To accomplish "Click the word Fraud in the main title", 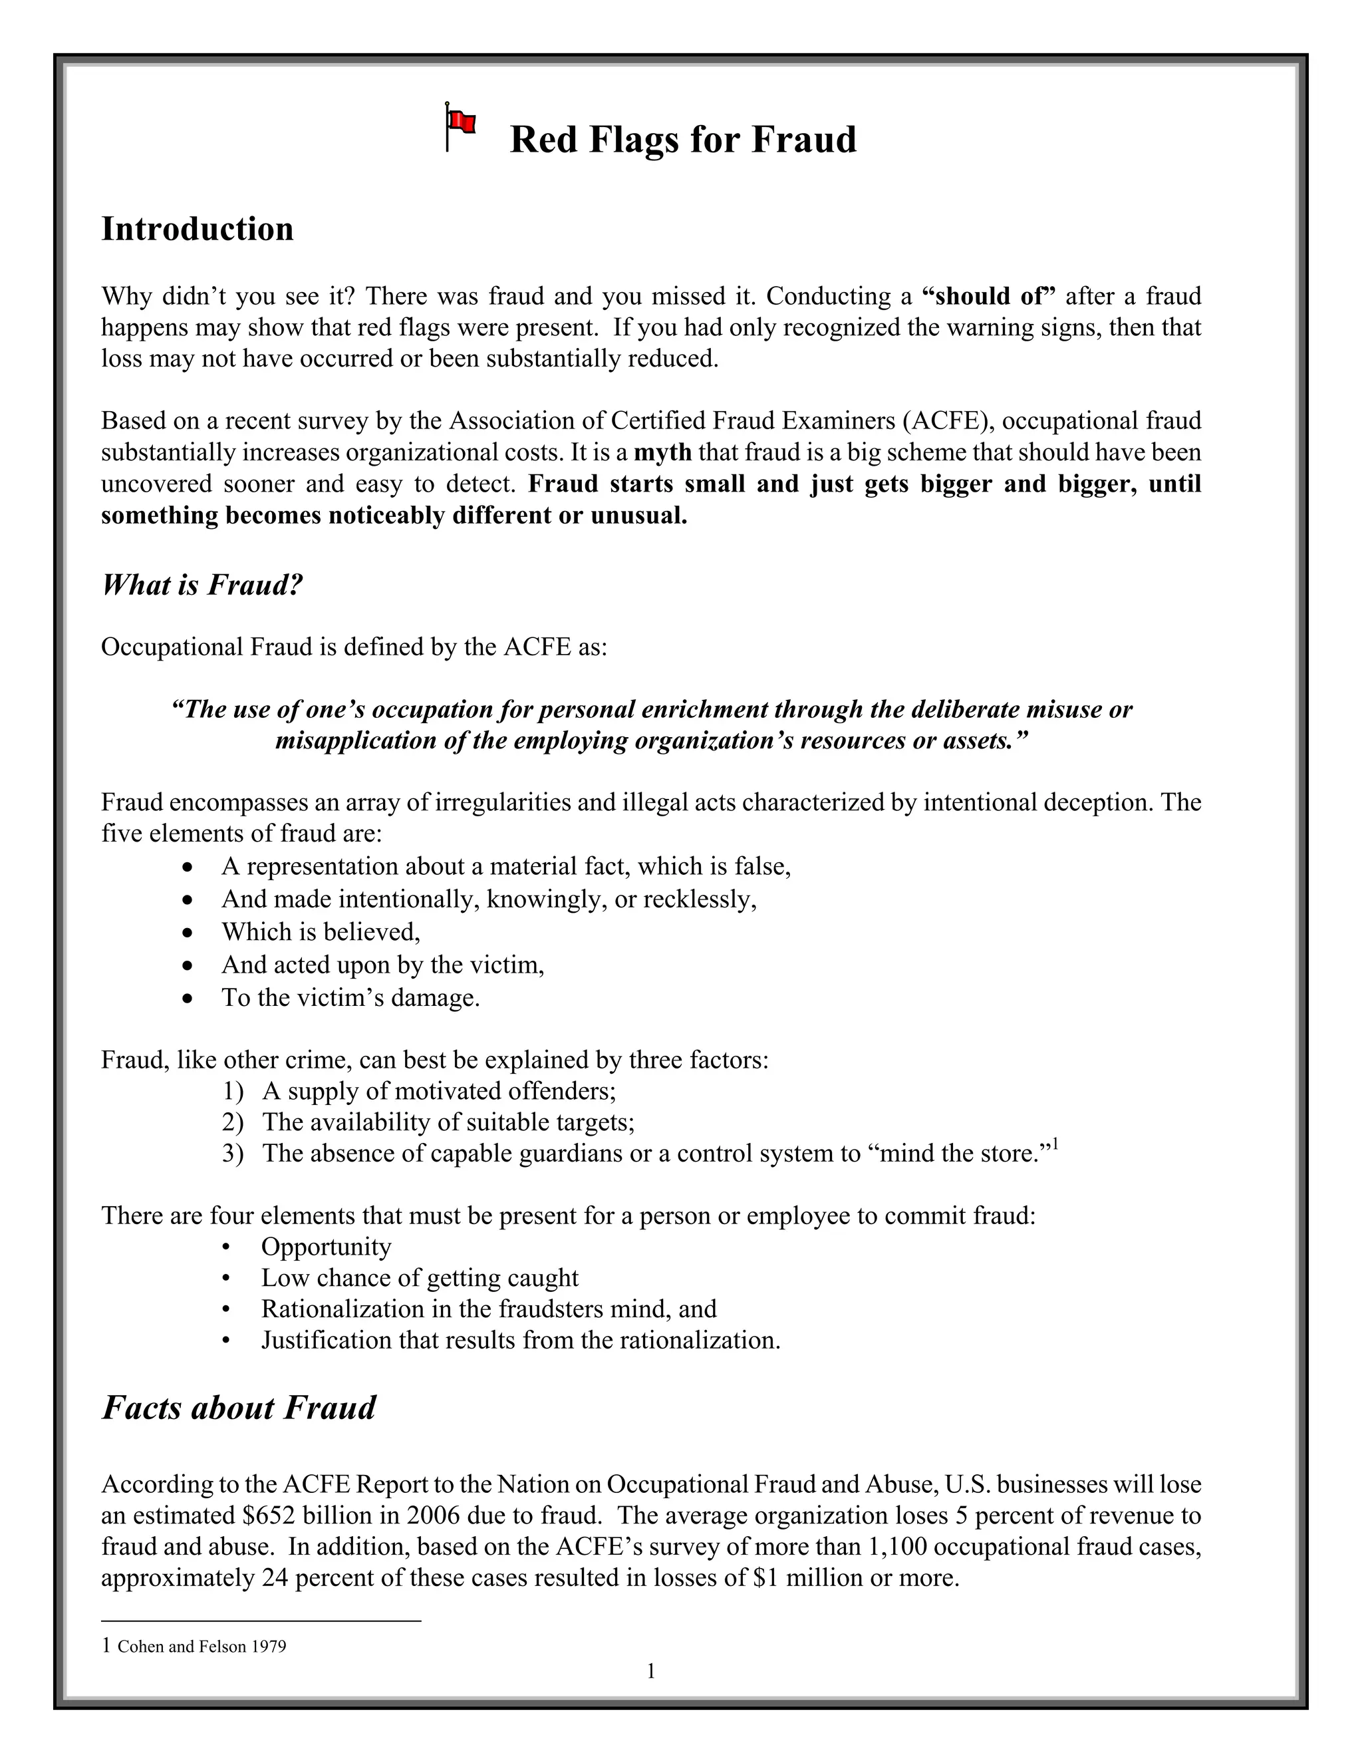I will pos(803,140).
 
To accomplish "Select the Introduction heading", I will pos(197,230).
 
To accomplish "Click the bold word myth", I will pos(662,452).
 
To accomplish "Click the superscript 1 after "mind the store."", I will pos(1055,1145).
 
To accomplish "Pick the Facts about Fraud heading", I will pos(239,1408).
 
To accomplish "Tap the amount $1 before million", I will pos(765,1577).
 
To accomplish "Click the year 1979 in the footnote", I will pos(269,1647).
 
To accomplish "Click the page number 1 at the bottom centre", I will pos(650,1672).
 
